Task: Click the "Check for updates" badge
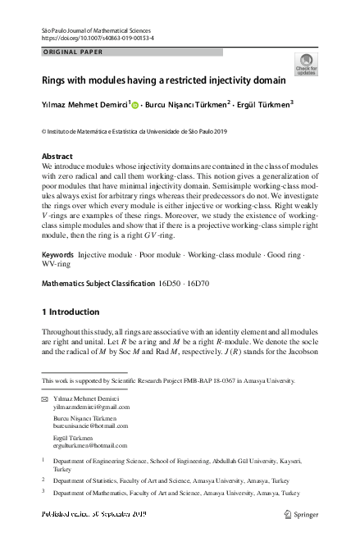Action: coord(306,64)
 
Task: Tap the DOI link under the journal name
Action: coord(97,38)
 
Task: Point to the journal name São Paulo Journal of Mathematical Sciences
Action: coord(95,30)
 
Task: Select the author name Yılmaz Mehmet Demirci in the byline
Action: coord(84,104)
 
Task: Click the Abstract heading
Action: coord(57,156)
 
